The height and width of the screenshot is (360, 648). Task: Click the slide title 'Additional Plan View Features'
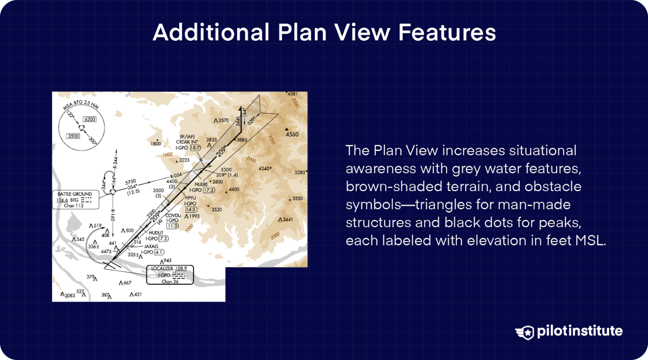coord(324,32)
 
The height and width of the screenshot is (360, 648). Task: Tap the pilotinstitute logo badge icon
coord(524,332)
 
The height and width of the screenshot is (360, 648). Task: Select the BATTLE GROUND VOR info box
coord(76,200)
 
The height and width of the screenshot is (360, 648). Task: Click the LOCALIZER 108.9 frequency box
coord(170,275)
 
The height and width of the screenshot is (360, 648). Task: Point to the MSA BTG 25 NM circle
coord(81,127)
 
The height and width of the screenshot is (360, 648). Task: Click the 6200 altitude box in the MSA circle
coord(89,119)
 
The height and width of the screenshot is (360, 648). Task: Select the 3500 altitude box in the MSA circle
coord(73,136)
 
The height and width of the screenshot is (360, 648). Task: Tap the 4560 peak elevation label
coord(292,135)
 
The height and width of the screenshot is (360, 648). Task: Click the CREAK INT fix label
coord(187,142)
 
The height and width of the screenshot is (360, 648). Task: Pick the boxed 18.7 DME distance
coord(195,148)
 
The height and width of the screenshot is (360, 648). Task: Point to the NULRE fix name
coord(201,184)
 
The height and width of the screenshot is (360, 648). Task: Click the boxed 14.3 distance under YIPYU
coord(190,209)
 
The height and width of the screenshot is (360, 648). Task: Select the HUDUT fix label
coord(156,233)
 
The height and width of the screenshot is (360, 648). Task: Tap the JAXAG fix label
coord(151,246)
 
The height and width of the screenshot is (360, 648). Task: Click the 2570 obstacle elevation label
coord(224,121)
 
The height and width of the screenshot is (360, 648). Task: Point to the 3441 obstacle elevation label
coord(288,219)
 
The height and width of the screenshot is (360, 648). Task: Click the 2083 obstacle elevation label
coord(70,295)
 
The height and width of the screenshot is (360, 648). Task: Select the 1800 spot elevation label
coord(156,144)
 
